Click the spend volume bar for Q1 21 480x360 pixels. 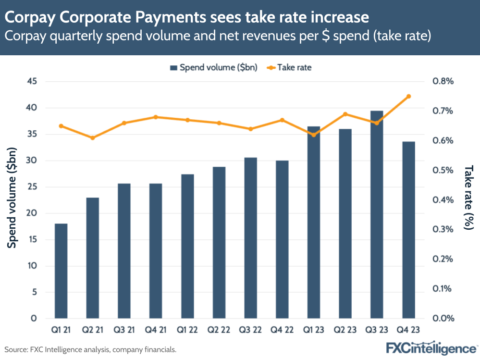coord(61,271)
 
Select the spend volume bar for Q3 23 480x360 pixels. coord(377,214)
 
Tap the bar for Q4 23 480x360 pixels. coord(408,230)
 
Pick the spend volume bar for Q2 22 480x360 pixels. coord(219,243)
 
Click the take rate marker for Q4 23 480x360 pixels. coord(408,96)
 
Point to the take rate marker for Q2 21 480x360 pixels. coord(93,138)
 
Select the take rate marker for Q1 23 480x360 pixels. coord(314,135)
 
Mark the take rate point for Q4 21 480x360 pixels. coord(156,117)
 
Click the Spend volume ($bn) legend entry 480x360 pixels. coord(214,68)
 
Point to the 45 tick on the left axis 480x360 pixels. coord(31,81)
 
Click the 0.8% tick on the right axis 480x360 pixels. coord(443,81)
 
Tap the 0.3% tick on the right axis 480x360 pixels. coord(443,229)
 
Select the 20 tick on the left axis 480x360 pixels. coord(31,213)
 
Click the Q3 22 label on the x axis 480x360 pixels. coord(250,331)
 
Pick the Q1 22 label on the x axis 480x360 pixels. coord(187,331)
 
